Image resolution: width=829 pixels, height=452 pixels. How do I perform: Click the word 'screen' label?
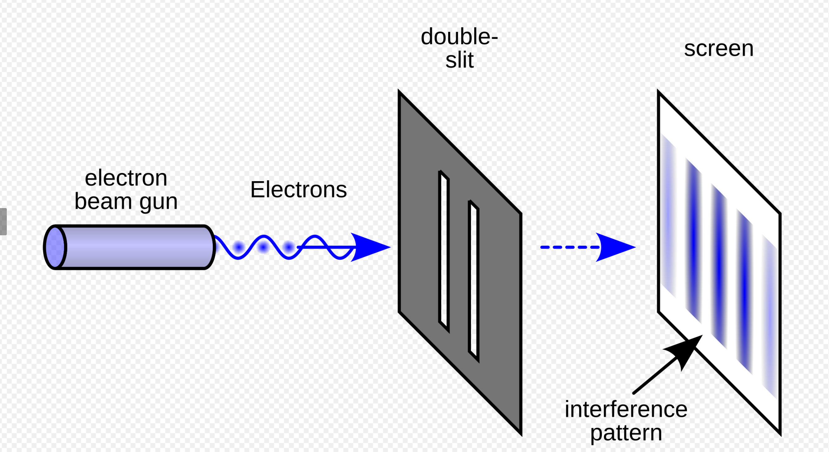tap(719, 49)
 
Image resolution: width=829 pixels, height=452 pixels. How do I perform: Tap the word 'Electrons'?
tap(298, 190)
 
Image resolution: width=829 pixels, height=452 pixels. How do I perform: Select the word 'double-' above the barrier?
tap(459, 37)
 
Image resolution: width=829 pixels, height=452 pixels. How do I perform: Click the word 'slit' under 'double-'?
tap(459, 60)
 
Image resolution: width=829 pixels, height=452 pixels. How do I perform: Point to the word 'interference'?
tap(626, 410)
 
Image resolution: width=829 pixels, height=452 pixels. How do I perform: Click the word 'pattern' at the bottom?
tap(626, 433)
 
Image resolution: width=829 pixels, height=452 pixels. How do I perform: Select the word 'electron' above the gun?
tap(126, 178)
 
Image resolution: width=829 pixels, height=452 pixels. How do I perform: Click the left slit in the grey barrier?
tap(444, 251)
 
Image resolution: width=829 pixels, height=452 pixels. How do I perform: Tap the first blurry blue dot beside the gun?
tap(239, 247)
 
